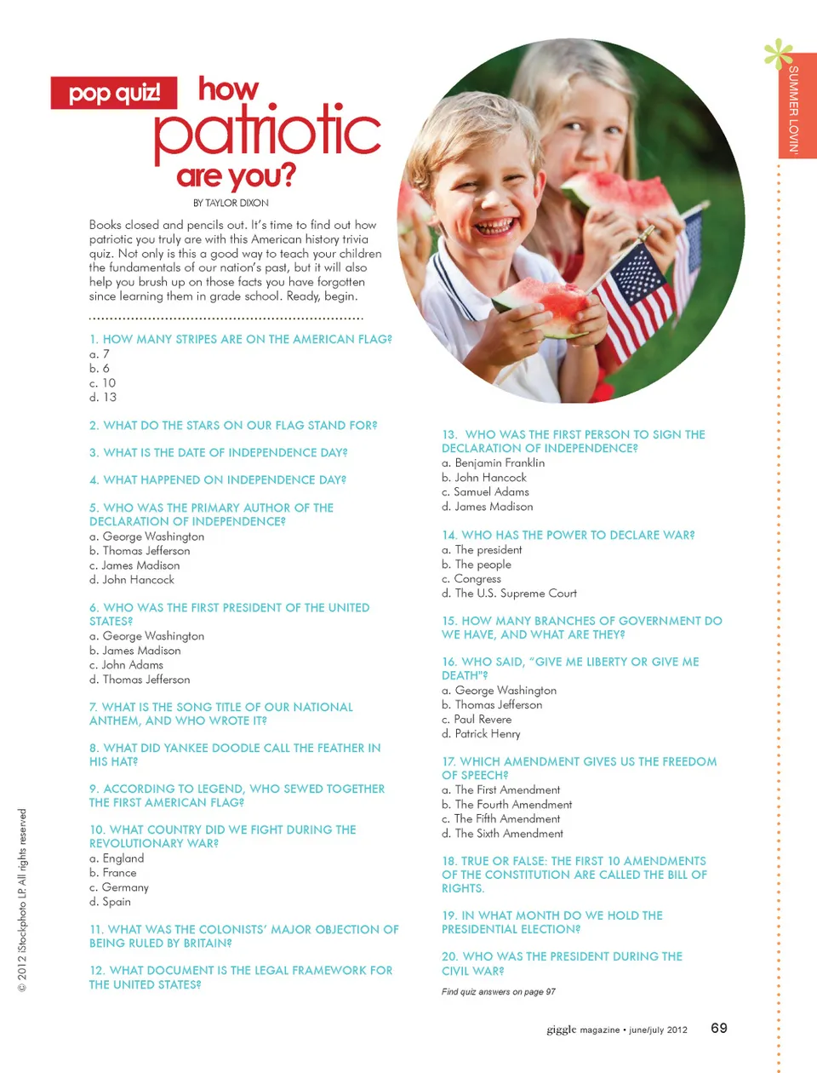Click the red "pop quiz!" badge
[114, 93]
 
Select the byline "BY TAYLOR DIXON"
[231, 204]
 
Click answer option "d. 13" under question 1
[103, 398]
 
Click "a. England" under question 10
[117, 858]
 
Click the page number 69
[719, 1029]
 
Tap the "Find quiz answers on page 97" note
[499, 992]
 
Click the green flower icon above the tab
[778, 54]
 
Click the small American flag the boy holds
[634, 298]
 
